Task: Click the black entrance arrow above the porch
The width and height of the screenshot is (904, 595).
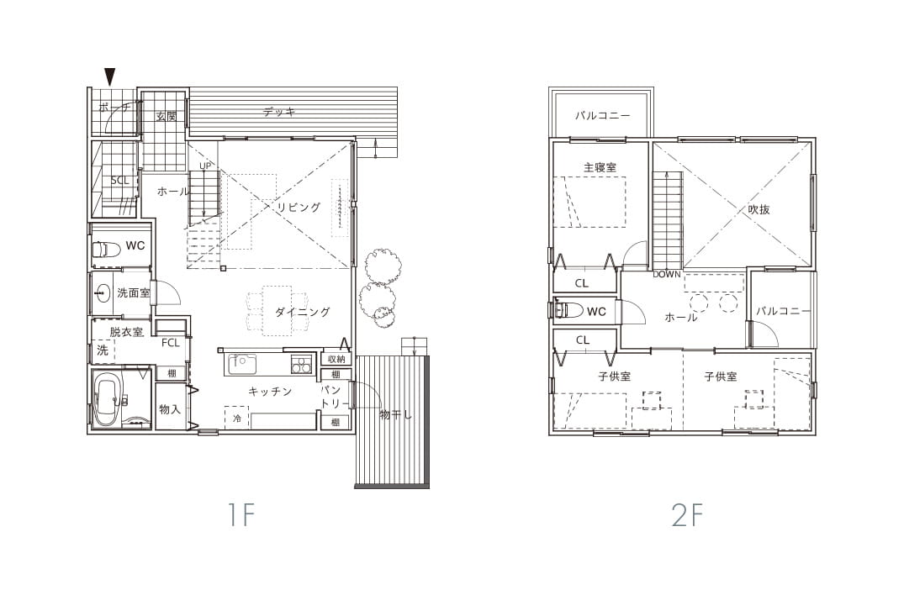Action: (109, 76)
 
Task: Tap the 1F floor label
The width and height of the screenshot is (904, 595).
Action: (241, 514)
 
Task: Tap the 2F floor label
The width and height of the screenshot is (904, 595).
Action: (688, 514)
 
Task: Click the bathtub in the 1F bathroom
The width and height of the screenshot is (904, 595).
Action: (108, 398)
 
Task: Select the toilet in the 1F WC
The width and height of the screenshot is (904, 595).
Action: (105, 249)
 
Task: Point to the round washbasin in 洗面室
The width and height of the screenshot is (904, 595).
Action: (103, 293)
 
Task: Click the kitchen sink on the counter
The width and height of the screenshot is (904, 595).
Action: (242, 364)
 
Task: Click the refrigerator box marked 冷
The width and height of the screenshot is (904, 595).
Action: (237, 419)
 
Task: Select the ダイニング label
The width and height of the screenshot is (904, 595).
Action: (303, 312)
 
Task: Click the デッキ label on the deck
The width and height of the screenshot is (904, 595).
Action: (280, 113)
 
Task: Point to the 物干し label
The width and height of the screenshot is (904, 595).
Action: (396, 414)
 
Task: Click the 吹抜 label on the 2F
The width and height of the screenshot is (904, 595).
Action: (759, 209)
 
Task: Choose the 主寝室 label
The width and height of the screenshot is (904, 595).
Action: (600, 167)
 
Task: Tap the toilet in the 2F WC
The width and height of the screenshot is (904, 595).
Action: (568, 310)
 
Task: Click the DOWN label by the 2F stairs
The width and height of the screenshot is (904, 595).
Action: (667, 275)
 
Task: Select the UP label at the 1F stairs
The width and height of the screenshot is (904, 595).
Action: (205, 166)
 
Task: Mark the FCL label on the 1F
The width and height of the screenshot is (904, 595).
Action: (171, 343)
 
